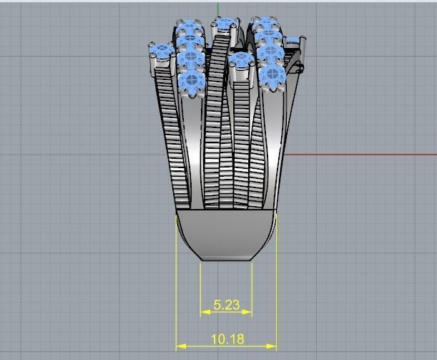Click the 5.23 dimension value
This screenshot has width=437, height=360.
pos(226,305)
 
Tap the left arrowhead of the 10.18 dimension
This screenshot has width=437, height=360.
pos(180,346)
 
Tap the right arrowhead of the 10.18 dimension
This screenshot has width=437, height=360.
pos(272,346)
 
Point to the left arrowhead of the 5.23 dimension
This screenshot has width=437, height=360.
pos(204,312)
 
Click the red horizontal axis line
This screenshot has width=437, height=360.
pos(358,154)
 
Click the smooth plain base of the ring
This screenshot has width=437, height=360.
pos(226,233)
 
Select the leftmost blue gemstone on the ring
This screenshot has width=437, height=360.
pos(161,51)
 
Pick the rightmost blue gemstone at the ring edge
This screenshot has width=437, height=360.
pos(293,40)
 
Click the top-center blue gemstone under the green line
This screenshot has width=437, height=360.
pos(226,26)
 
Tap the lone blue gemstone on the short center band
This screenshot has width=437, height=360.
pos(241,60)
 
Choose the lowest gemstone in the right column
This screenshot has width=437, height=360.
pos(272,75)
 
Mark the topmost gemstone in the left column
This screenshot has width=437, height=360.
pos(187,29)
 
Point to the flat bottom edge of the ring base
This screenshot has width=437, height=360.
pos(226,260)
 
